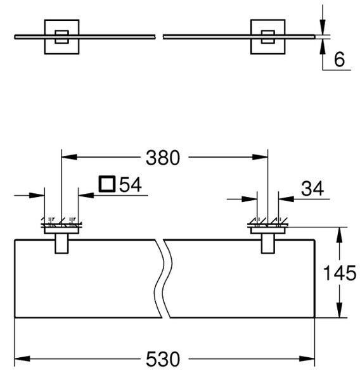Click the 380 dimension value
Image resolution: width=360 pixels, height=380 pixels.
click(163, 158)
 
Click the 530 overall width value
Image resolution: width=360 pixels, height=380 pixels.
click(163, 359)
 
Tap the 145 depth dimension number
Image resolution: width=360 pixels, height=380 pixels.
click(340, 273)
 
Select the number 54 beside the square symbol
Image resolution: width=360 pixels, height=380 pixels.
click(131, 184)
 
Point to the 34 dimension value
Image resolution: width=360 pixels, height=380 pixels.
click(312, 188)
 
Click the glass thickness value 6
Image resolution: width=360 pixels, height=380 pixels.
click(339, 60)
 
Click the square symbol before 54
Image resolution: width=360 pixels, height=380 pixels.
click(106, 184)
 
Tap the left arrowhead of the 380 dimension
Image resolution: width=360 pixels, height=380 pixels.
click(69, 157)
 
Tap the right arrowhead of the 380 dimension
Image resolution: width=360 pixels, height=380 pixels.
click(260, 157)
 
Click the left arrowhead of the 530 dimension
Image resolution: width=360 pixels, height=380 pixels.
click(22, 358)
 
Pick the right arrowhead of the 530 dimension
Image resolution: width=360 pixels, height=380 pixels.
click(307, 358)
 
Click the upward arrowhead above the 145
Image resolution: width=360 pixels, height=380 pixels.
click(339, 235)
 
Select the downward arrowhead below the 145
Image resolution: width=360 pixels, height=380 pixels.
click(339, 310)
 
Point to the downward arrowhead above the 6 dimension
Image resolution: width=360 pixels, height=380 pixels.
click(323, 27)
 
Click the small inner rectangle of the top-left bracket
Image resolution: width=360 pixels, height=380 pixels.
click(62, 37)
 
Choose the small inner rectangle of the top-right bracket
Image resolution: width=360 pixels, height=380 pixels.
click(268, 37)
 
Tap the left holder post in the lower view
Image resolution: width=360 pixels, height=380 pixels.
click(61, 244)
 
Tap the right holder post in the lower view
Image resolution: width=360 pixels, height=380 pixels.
click(268, 244)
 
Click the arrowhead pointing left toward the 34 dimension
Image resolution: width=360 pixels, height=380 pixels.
click(286, 199)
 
